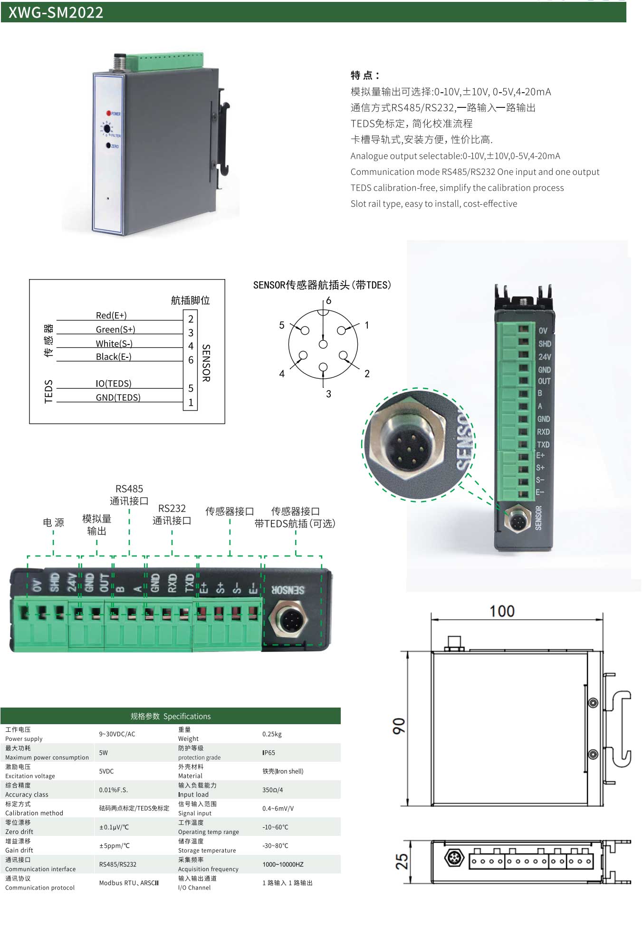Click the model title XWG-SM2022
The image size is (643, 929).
[56, 12]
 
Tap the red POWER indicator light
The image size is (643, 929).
[108, 113]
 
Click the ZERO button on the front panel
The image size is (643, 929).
[108, 145]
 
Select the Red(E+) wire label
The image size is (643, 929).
[111, 316]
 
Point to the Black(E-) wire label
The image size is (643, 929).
[114, 357]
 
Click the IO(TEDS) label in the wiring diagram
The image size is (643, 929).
[114, 383]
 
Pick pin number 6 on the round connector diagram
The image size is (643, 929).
[328, 301]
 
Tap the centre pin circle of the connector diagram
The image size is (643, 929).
[323, 345]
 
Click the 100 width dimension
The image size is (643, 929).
[502, 611]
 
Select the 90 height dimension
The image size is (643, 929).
[399, 726]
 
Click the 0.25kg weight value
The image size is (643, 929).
[272, 734]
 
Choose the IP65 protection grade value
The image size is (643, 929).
[269, 753]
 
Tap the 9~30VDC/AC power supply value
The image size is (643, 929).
[117, 734]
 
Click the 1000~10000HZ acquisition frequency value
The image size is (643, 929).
[283, 864]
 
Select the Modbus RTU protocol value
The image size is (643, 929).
[129, 883]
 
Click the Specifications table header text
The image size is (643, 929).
[171, 716]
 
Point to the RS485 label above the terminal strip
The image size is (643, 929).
[129, 489]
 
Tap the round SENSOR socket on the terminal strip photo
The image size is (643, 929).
[288, 620]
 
